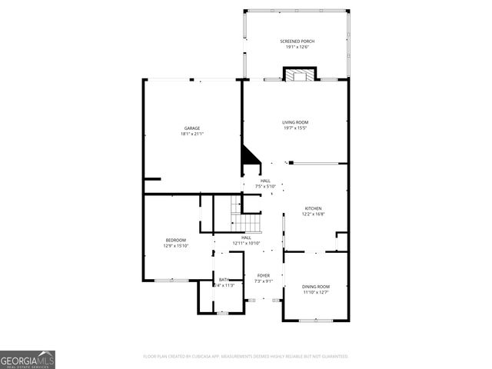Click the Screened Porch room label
coord(297,42)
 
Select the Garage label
coord(191,128)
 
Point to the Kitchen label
coord(313,208)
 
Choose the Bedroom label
coord(170,241)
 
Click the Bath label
coord(224,280)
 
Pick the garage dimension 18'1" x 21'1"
coord(191,134)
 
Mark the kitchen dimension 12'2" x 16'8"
coord(313,214)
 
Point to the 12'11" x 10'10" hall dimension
coord(247,244)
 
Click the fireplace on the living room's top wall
coord(298,75)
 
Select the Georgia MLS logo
coord(28,359)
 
